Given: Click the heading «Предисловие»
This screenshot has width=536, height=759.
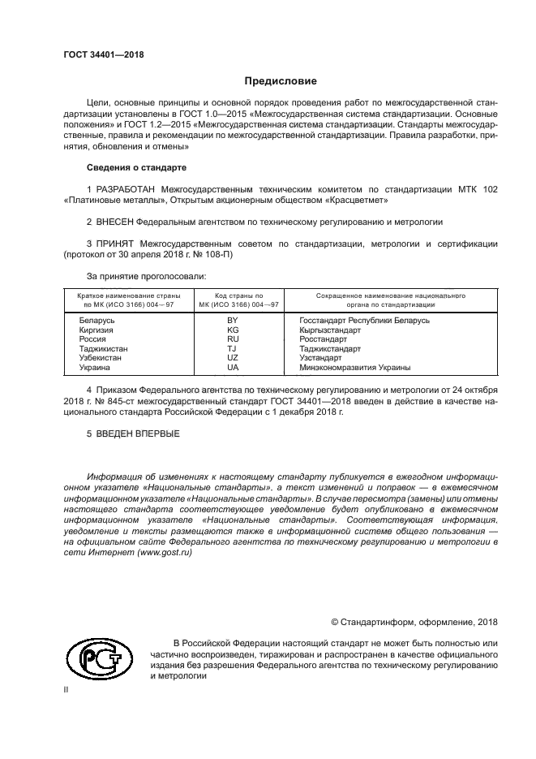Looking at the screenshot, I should pos(281,81).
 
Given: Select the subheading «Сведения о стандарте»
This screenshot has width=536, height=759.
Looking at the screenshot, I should pos(136,167).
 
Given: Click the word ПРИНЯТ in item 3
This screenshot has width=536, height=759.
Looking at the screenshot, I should pos(114,243).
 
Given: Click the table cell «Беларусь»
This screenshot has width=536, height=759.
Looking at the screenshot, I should pos(96,321).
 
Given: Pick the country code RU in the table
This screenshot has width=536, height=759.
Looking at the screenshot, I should pos(233,340).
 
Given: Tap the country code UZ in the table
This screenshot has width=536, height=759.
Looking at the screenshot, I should pos(233,358).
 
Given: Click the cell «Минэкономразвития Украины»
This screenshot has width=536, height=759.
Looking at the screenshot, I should pos(354,367).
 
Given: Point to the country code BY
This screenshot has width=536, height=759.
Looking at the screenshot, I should pos(233,321).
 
